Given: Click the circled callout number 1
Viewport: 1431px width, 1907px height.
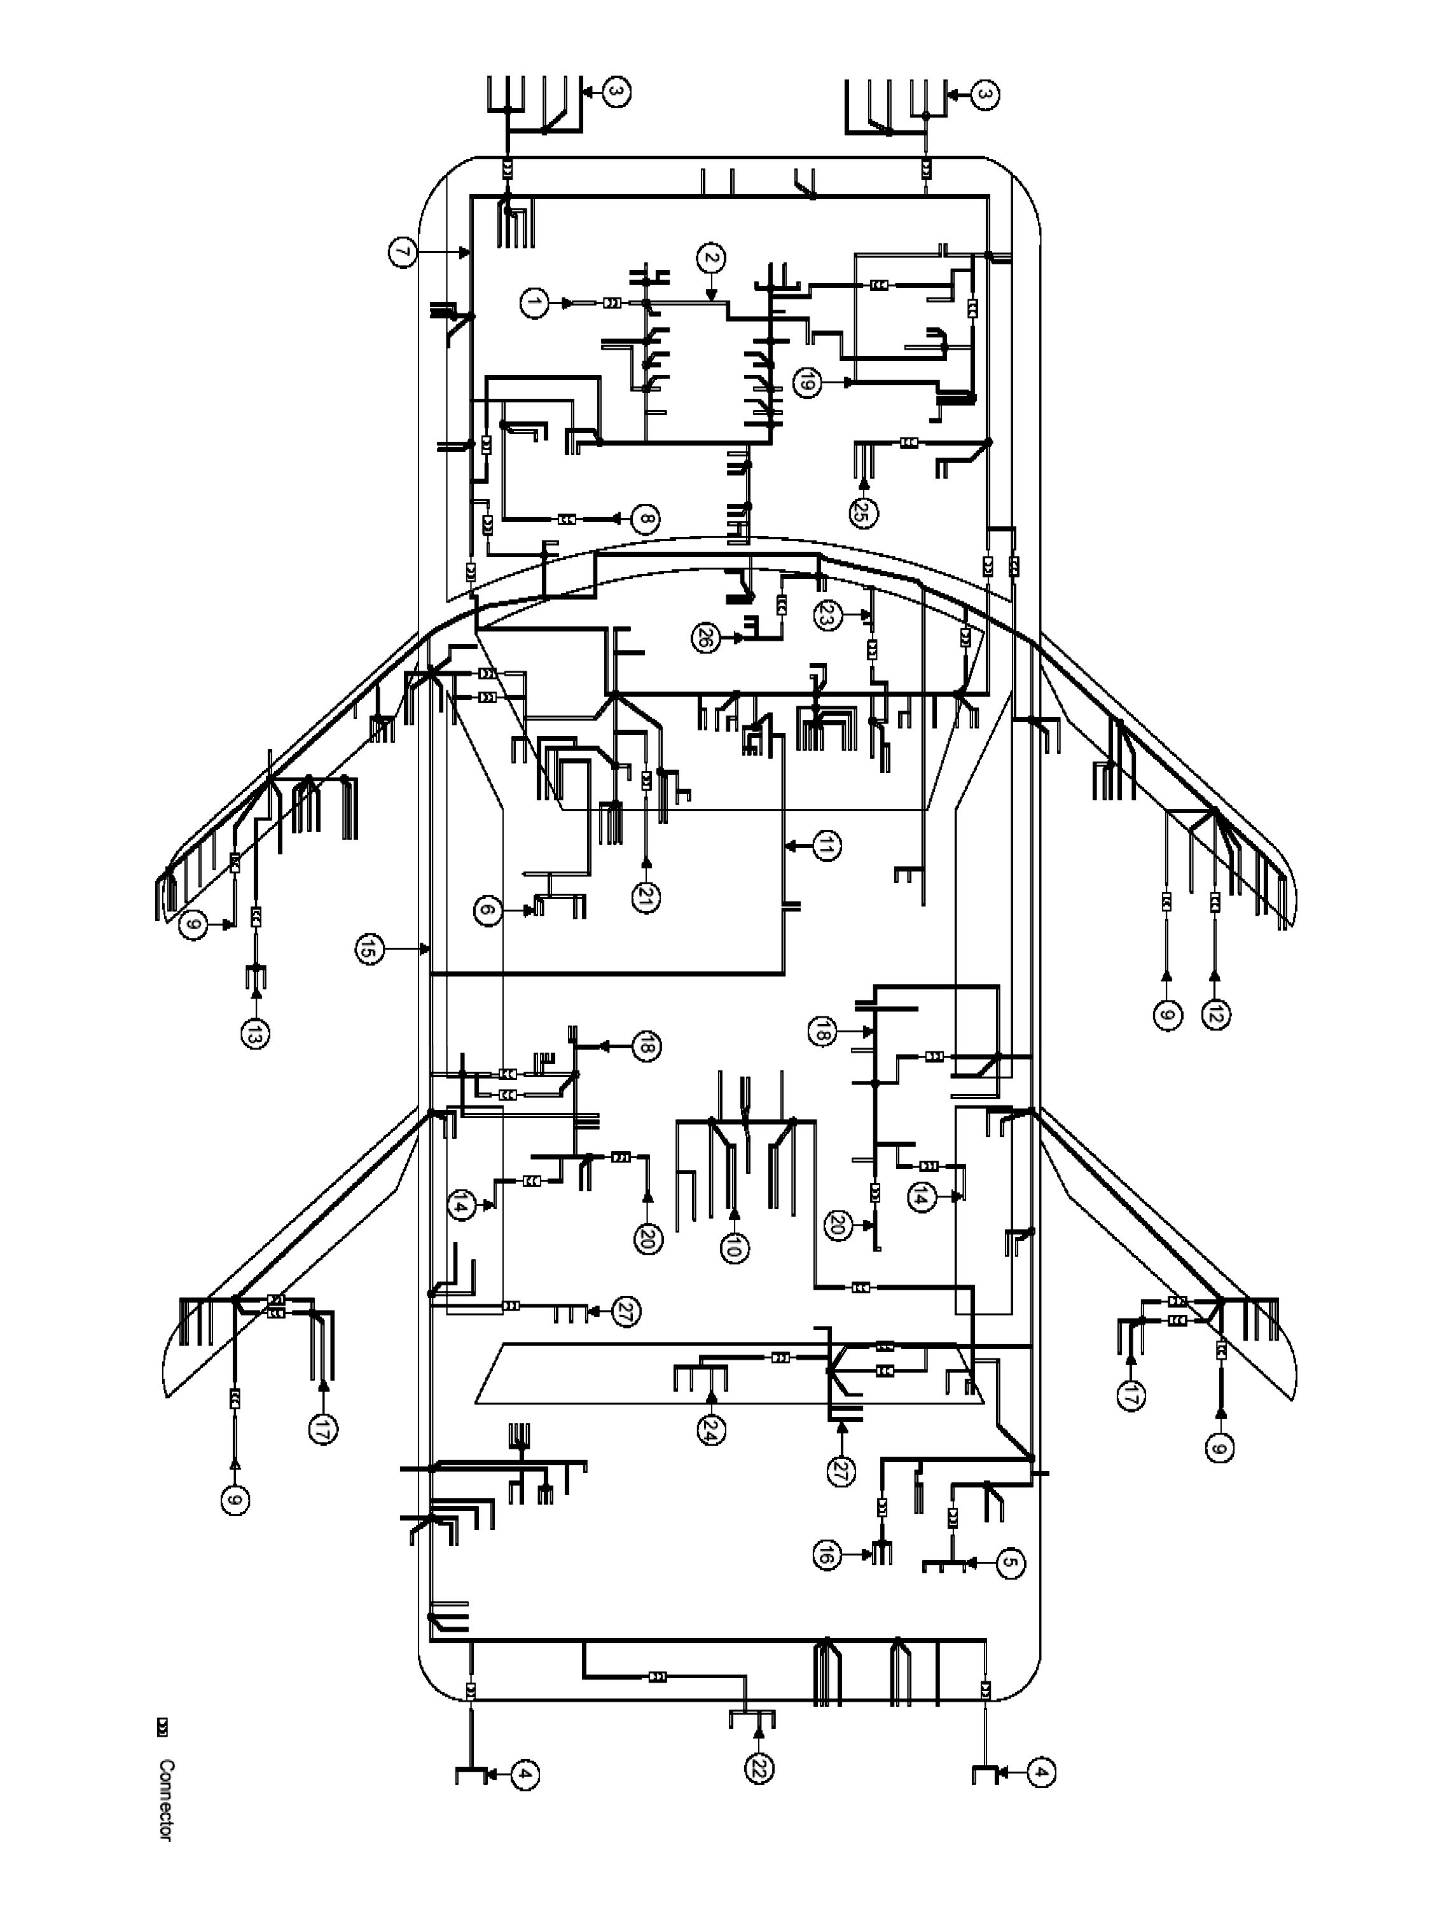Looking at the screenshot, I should (534, 303).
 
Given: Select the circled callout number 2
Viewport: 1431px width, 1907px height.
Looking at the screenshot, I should (711, 258).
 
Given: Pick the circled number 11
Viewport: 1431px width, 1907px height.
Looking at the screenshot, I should (826, 847).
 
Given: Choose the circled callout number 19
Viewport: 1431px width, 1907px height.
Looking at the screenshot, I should (806, 382).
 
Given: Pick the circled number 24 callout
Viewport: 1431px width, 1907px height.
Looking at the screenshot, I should (712, 1430).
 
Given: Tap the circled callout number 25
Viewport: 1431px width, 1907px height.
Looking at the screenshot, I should (862, 513).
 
